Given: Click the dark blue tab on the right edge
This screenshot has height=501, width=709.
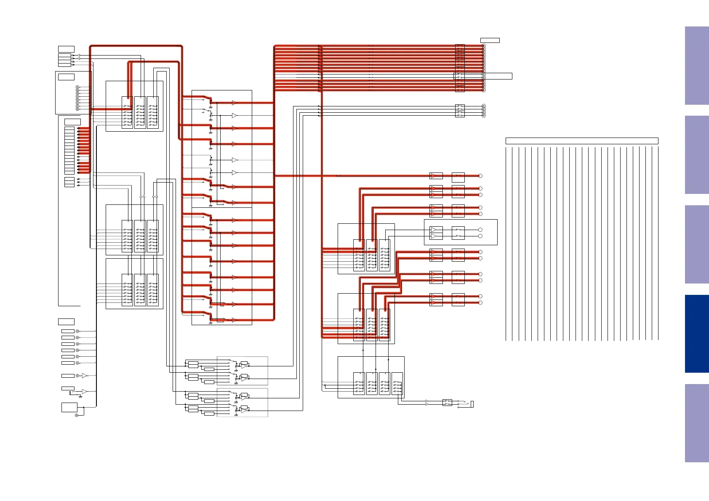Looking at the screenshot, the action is (696, 334).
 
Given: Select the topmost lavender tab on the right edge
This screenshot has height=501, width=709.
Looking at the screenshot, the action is (696, 66).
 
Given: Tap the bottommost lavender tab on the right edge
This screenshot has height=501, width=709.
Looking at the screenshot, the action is (696, 423).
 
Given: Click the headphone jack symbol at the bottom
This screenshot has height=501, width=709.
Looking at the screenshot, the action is (472, 404).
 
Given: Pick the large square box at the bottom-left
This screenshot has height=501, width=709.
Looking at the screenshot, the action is (69, 407).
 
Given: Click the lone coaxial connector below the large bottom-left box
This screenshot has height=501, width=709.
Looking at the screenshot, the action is (77, 416).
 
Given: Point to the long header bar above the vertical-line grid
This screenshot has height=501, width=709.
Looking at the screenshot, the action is (581, 141).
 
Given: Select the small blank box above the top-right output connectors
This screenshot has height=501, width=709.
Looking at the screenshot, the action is (490, 40).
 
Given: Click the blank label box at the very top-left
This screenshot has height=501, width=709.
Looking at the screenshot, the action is (66, 49).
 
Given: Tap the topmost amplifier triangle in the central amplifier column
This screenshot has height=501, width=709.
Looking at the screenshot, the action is (235, 103).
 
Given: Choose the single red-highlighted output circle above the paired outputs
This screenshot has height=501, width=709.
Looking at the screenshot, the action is (480, 176).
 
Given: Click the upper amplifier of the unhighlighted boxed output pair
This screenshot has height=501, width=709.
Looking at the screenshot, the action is (434, 230).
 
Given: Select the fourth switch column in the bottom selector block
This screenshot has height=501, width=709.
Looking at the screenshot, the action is (397, 383).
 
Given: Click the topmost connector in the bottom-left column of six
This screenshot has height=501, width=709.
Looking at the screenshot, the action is (77, 331).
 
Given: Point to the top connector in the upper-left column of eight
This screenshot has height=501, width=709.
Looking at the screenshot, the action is (77, 87).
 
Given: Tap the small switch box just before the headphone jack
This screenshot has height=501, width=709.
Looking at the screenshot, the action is (447, 403).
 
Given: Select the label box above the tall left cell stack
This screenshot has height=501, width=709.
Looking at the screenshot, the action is (72, 122).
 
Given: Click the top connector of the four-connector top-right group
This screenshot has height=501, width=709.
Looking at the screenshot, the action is (483, 106).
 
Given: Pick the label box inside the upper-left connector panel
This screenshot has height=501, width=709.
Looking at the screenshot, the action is (66, 77).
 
